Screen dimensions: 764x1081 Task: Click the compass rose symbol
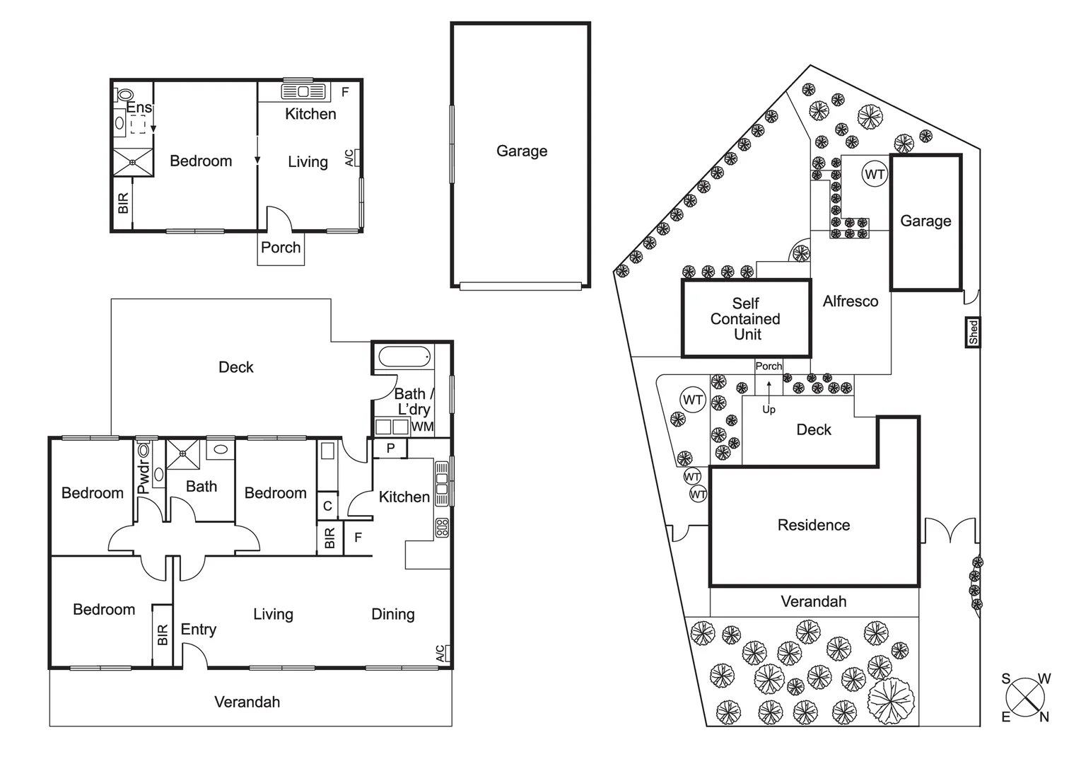(1025, 698)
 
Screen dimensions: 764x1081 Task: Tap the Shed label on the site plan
(973, 332)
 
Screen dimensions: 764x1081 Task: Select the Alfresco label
(850, 301)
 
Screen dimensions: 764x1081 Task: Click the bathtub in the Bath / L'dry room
(404, 357)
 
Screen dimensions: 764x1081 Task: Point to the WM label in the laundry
(422, 427)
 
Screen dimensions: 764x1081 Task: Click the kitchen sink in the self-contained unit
(303, 91)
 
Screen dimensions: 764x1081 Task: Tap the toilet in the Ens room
(126, 94)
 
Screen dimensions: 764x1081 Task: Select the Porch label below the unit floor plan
(281, 248)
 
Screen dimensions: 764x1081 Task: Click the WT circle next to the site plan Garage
(875, 174)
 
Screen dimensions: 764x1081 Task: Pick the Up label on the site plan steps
(769, 410)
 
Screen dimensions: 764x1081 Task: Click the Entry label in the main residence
(198, 630)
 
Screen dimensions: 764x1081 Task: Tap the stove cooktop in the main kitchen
(442, 527)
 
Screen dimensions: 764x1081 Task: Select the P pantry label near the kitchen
(390, 448)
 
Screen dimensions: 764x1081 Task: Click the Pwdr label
(144, 477)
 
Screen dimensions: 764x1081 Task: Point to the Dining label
(392, 614)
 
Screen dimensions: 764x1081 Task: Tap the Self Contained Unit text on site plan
(745, 319)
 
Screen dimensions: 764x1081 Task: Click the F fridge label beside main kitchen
(358, 538)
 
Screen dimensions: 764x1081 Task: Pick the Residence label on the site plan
(813, 525)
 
